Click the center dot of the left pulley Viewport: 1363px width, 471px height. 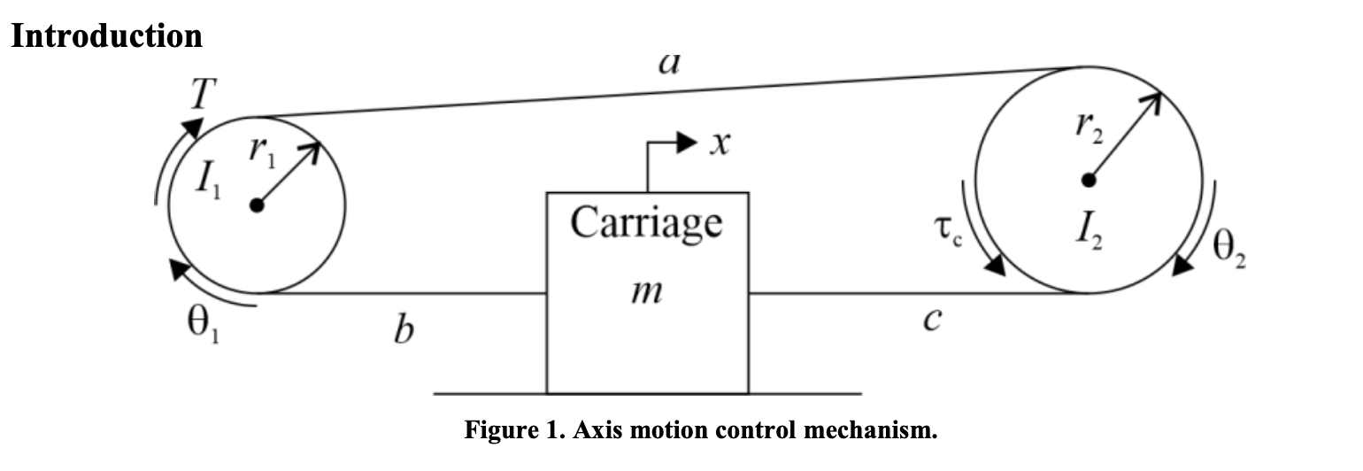pyautogui.click(x=257, y=205)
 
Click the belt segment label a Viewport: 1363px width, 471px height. pyautogui.click(x=668, y=64)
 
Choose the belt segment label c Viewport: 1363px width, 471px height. pyautogui.click(x=929, y=320)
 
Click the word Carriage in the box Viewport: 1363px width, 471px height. pyautogui.click(x=646, y=221)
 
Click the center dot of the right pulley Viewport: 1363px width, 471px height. pyautogui.click(x=1090, y=181)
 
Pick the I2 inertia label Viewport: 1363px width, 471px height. pyautogui.click(x=1090, y=232)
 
